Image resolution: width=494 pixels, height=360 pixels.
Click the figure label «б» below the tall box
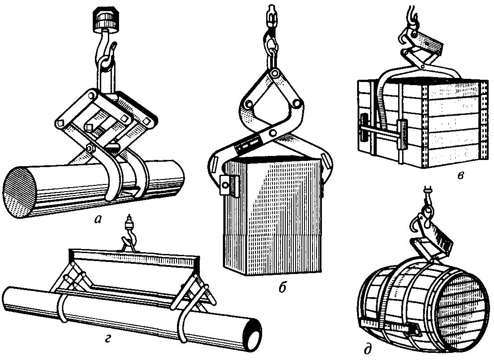point(282,288)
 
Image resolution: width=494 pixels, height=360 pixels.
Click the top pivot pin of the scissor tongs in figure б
point(276,74)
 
